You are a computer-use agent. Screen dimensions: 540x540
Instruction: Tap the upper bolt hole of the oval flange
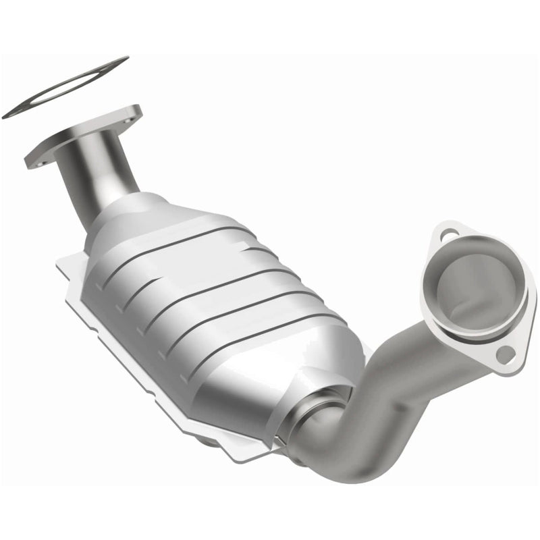[448, 236]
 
